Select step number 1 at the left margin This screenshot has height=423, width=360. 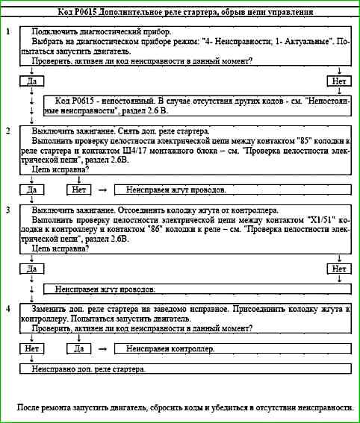7,34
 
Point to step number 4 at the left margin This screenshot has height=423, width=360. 7,308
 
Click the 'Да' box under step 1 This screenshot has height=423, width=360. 31,79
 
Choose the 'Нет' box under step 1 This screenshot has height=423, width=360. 339,79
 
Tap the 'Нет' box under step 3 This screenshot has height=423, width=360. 339,268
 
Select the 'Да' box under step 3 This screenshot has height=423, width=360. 31,268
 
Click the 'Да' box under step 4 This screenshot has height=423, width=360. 80,348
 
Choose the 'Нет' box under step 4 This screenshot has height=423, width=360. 31,348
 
